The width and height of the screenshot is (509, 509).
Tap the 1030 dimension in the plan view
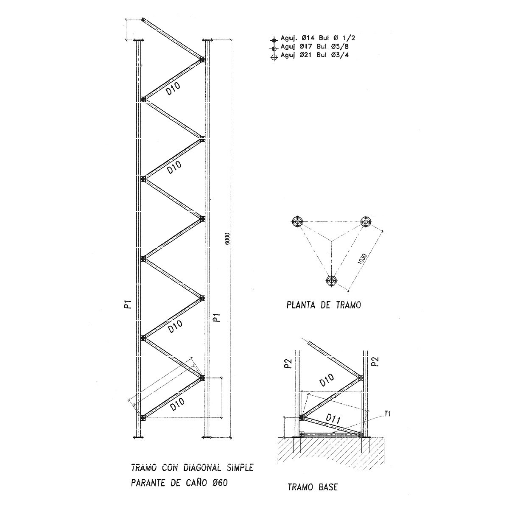(x=362, y=259)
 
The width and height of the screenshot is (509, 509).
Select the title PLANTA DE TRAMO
(x=324, y=305)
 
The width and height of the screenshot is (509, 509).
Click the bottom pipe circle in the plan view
(x=331, y=280)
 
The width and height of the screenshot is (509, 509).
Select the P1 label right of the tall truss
(x=217, y=317)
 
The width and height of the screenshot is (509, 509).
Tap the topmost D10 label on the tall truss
(x=173, y=89)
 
